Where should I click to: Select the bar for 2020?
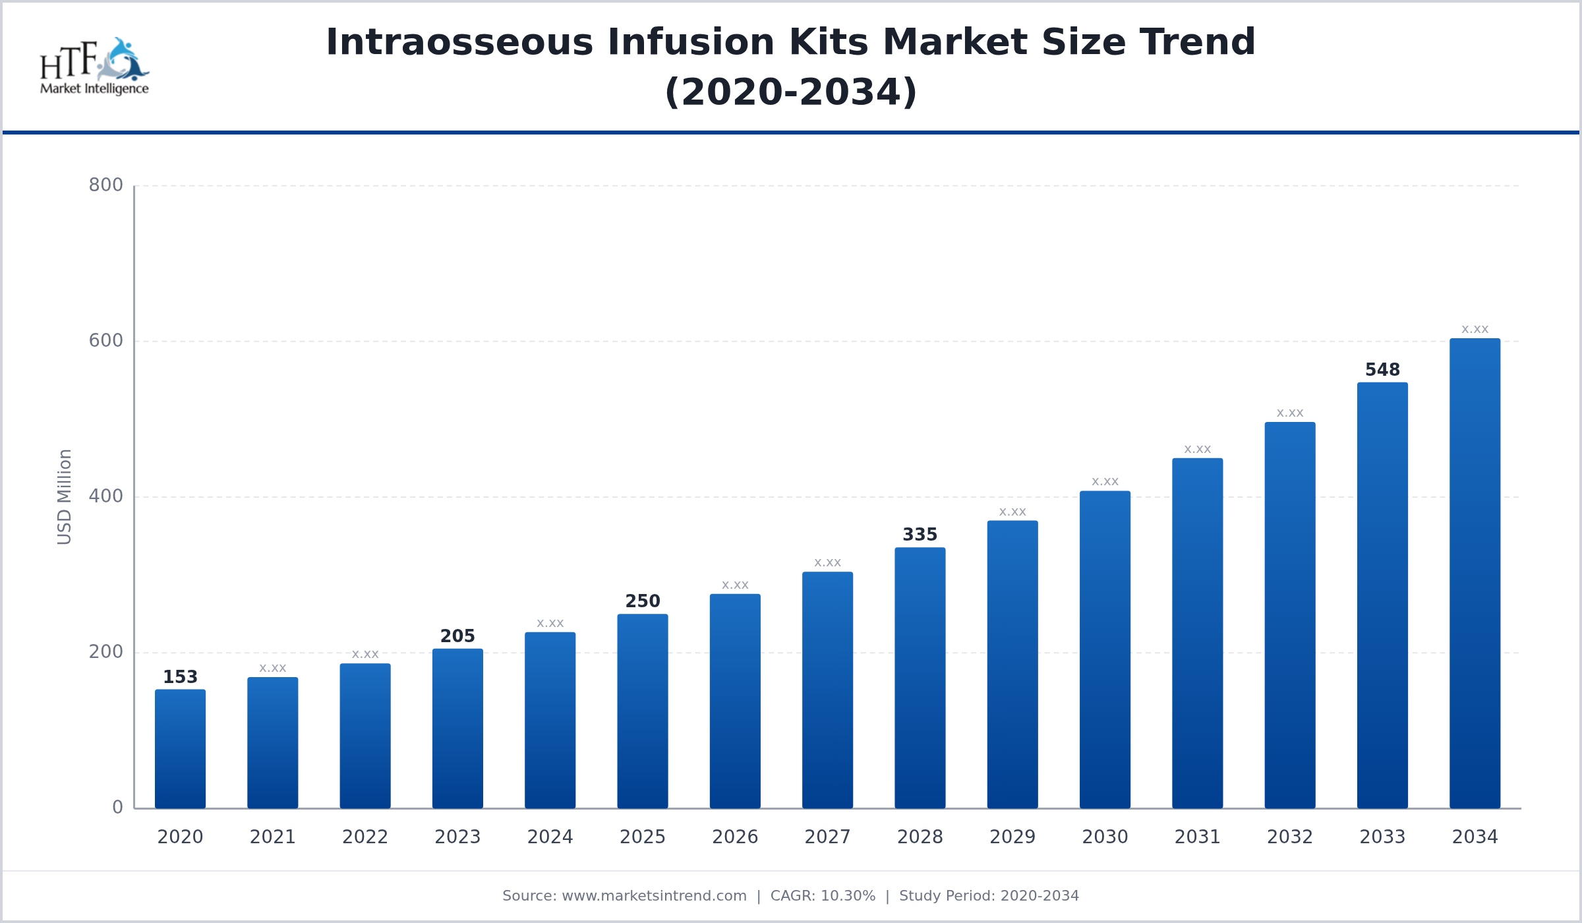coord(180,749)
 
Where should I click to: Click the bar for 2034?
coord(1475,574)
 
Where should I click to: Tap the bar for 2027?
coord(827,690)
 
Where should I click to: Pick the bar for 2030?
coord(1105,649)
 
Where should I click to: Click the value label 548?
coord(1382,370)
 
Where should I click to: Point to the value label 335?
coord(920,535)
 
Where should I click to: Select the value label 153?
coord(180,677)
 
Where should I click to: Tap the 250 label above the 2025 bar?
coord(643,601)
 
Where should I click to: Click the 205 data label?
coord(457,636)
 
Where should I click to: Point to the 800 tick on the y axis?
coord(106,185)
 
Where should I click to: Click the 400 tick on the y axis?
coord(106,496)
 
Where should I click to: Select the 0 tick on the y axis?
coord(117,808)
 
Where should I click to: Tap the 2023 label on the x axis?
coord(457,837)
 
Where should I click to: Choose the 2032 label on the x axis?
coord(1290,837)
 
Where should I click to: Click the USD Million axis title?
coord(64,496)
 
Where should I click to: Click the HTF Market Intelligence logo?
coord(94,66)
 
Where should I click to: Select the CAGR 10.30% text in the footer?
coord(823,896)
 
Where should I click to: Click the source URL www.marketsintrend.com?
coord(654,896)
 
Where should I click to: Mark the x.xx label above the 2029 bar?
coord(1012,512)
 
